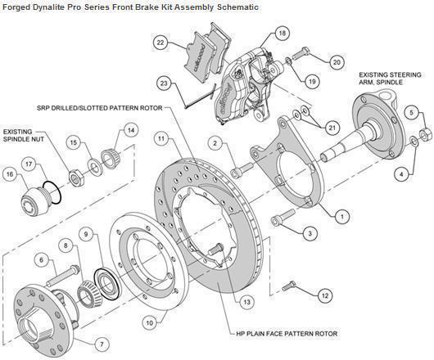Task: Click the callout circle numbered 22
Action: tap(160, 43)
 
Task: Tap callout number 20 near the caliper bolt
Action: tap(337, 61)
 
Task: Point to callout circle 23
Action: tap(165, 83)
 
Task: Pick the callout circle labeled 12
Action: tap(324, 294)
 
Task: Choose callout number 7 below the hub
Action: tap(102, 343)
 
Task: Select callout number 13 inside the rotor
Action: tap(245, 301)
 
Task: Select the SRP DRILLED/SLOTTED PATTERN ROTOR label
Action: tap(102, 106)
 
